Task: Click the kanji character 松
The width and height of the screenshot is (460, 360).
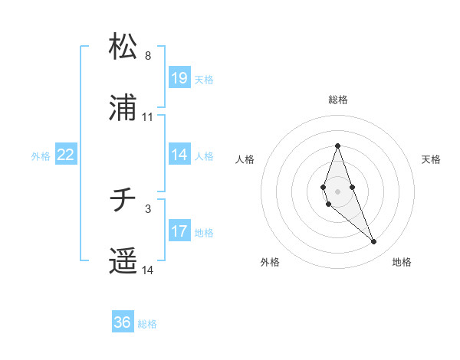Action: tap(123, 47)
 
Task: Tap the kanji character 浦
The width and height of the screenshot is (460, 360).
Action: tap(123, 110)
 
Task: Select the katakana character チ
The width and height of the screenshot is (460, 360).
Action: tap(123, 201)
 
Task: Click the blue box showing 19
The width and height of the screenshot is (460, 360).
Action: tap(179, 78)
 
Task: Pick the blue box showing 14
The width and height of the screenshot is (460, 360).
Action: tap(179, 155)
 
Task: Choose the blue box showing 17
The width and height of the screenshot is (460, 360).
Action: tap(179, 231)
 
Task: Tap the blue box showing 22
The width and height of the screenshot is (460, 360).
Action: tap(66, 155)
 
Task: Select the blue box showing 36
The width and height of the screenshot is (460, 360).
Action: tap(122, 322)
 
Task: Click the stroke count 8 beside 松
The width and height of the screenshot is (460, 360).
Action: tap(148, 56)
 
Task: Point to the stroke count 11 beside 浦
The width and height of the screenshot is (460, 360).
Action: tap(148, 117)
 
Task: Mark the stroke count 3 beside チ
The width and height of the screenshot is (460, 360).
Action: tap(148, 208)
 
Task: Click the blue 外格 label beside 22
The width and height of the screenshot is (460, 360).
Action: tap(41, 155)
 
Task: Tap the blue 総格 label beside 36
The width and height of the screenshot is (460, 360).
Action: tap(147, 324)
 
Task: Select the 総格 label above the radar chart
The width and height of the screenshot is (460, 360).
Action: tap(338, 100)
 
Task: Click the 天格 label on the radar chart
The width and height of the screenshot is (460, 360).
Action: tap(431, 159)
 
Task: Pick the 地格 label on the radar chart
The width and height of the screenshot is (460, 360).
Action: tap(402, 262)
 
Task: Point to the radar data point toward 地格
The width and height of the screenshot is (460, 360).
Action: tap(373, 242)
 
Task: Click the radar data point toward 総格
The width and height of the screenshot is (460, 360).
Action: tap(337, 146)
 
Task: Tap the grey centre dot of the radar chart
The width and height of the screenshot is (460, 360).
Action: tap(337, 190)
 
